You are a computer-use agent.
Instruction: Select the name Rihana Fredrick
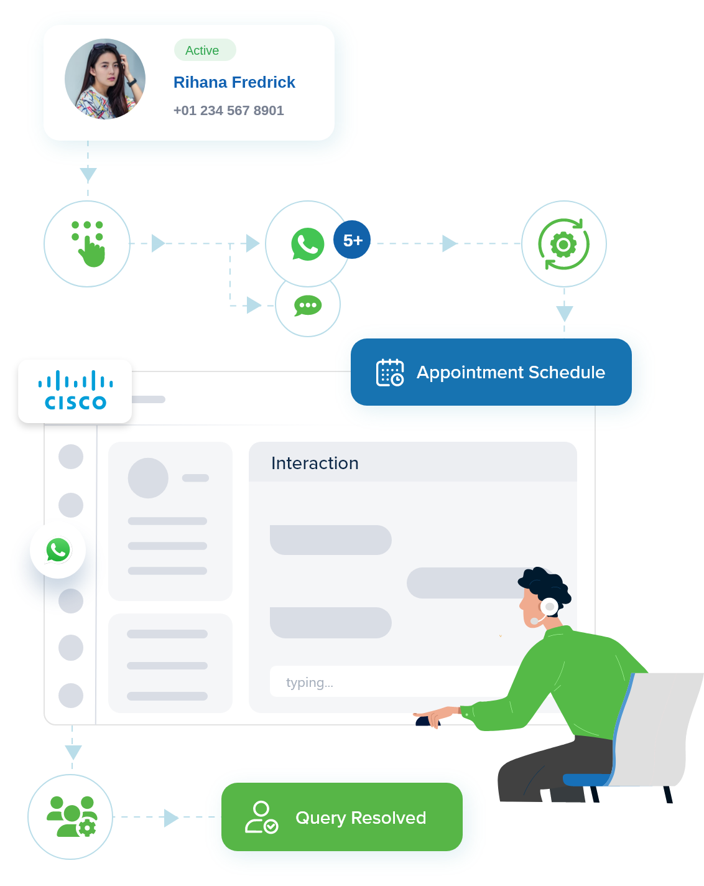[x=234, y=82]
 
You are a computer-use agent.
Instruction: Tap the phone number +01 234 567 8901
[x=228, y=111]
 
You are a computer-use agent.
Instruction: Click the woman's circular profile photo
[x=105, y=79]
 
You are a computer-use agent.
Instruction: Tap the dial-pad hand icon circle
[x=87, y=243]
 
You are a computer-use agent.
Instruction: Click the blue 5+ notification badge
[x=352, y=240]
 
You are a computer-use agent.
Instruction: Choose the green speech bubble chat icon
[x=308, y=305]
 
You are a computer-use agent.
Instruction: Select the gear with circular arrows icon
[x=563, y=244]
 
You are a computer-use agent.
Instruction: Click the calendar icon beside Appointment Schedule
[x=390, y=373]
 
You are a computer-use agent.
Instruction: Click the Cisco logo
[x=75, y=391]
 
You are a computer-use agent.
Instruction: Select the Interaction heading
[x=315, y=463]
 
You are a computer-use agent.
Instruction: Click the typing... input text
[x=309, y=683]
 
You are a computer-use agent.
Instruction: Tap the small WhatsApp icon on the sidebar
[x=58, y=550]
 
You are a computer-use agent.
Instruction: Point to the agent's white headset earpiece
[x=549, y=606]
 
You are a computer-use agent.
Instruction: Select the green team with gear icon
[x=72, y=816]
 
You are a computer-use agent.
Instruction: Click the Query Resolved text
[x=361, y=818]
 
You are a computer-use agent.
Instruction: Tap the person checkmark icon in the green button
[x=261, y=818]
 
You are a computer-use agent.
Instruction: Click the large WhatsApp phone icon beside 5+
[x=307, y=244]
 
